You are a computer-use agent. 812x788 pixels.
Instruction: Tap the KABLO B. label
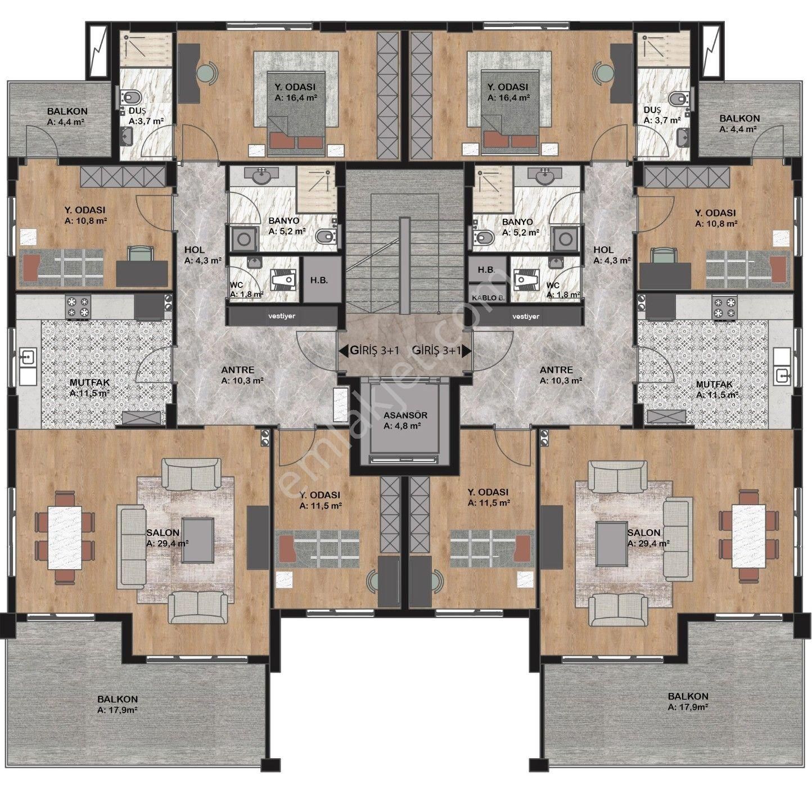tap(488, 298)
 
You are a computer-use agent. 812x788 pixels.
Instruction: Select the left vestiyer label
tap(282, 316)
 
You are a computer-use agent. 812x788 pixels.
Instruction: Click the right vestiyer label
tap(526, 316)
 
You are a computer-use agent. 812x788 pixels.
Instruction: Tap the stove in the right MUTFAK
tap(724, 307)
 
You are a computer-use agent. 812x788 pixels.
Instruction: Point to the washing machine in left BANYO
tap(243, 240)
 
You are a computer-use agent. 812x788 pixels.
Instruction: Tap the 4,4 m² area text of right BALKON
tap(738, 129)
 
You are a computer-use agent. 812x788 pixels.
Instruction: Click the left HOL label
tap(195, 250)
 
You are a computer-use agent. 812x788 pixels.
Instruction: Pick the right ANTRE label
tap(556, 370)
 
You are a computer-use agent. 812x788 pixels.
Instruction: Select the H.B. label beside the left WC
tap(319, 280)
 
